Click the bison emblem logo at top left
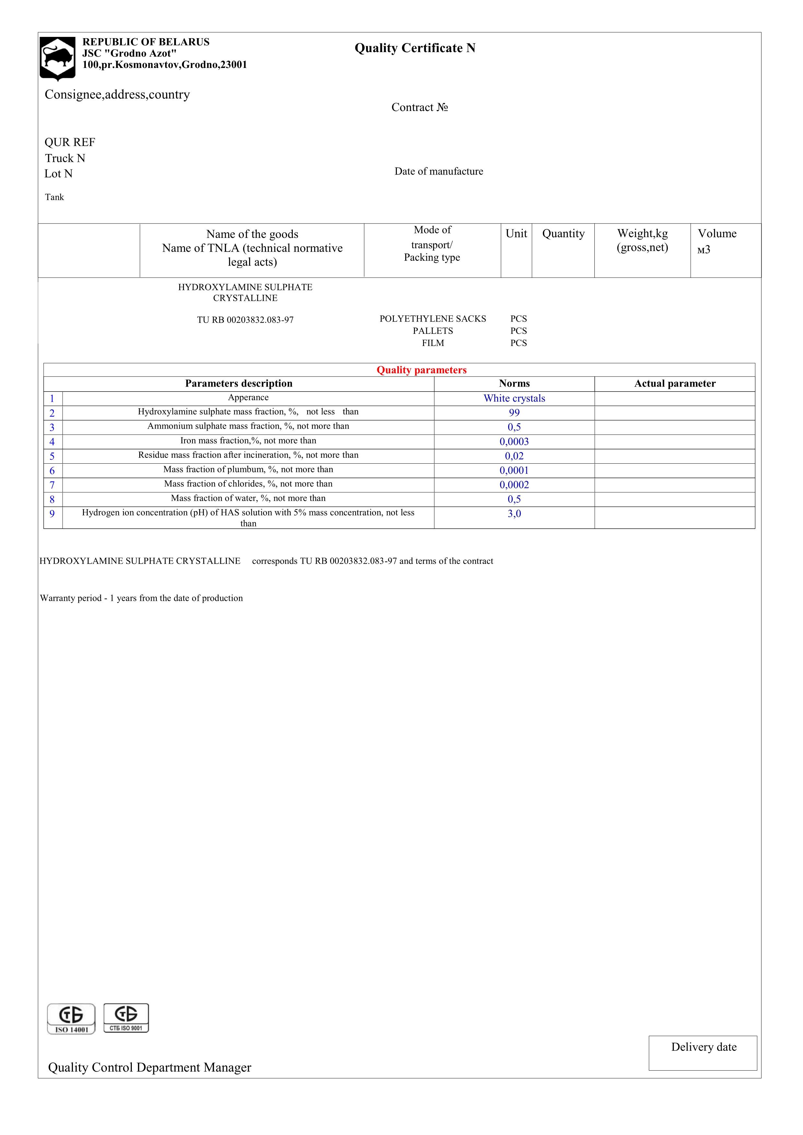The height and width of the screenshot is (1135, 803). (57, 58)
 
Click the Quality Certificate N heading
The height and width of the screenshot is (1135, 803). (415, 48)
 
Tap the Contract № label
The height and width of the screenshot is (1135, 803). (419, 107)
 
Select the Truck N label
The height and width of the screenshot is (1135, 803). (65, 158)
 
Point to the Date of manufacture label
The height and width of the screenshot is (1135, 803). (438, 171)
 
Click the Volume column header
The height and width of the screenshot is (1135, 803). (717, 234)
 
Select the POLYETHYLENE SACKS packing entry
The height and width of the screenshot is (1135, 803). (432, 319)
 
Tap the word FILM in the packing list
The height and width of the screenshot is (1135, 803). (433, 343)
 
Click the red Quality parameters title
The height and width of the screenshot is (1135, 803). (421, 370)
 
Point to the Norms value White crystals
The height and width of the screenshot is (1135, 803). (514, 398)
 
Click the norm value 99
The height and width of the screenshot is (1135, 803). (514, 413)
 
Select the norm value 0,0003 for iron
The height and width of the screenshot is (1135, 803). (514, 441)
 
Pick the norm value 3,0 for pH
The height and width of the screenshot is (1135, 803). (514, 513)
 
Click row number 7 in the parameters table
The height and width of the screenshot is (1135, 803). (52, 485)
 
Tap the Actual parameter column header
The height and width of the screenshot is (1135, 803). (674, 384)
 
